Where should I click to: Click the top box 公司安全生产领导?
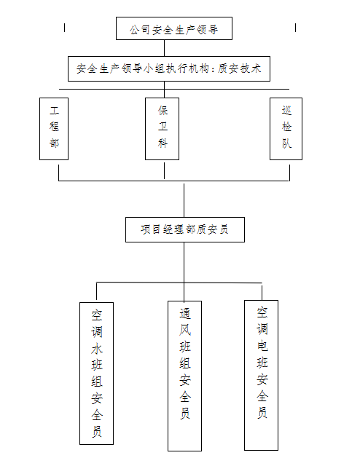tap(174, 28)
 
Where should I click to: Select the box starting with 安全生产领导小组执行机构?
tap(169, 68)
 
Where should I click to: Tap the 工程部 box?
tap(54, 129)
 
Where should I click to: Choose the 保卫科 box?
tap(162, 129)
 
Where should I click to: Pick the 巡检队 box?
tap(286, 129)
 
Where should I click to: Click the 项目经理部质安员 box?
tap(185, 229)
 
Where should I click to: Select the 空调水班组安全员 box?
tap(96, 374)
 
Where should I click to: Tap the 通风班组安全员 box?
tap(184, 376)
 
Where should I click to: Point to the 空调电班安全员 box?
tap(261, 375)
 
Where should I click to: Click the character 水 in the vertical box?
tap(97, 349)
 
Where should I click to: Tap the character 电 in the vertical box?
tap(262, 346)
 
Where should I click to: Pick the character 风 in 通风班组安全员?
tap(185, 330)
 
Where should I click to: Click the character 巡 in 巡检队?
tap(286, 111)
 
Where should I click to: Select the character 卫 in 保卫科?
tap(163, 127)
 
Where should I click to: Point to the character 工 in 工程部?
tap(54, 111)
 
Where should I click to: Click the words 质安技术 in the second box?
tap(239, 68)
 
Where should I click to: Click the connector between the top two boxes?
tap(165, 48)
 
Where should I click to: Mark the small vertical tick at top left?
tap(64, 28)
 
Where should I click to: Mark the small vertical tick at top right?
tap(295, 28)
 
